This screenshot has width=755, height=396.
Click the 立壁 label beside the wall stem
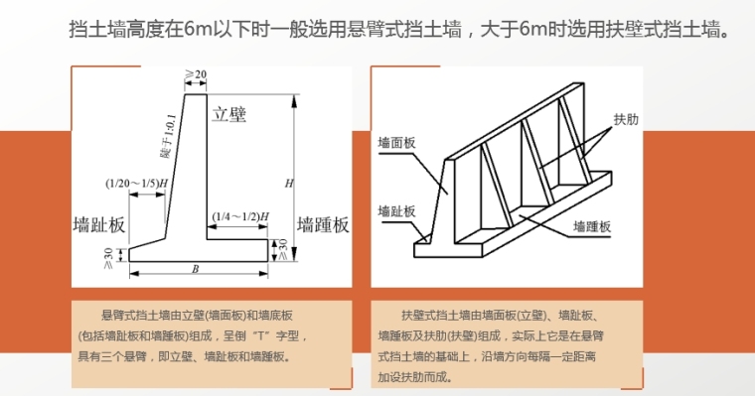[x=229, y=114]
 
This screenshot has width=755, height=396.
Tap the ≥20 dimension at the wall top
[x=196, y=74]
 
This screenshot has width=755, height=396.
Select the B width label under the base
[x=195, y=269]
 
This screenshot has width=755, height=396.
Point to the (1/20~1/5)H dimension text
[x=137, y=184]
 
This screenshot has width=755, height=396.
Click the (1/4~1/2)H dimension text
[x=240, y=216]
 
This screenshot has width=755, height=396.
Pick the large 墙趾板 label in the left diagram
[x=99, y=224]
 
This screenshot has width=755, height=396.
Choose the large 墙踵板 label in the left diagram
[x=323, y=224]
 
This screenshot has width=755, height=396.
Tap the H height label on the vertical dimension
[x=289, y=184]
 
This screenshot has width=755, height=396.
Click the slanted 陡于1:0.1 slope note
[x=168, y=136]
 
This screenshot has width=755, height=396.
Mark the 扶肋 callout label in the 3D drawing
[x=626, y=119]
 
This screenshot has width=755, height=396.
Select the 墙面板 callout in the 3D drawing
[x=396, y=143]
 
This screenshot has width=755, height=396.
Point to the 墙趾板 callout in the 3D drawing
[x=396, y=211]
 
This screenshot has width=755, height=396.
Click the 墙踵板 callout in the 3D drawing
[x=592, y=226]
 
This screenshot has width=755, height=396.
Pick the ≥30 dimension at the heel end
[x=282, y=250]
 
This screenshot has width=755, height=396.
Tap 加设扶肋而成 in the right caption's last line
[x=414, y=377]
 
